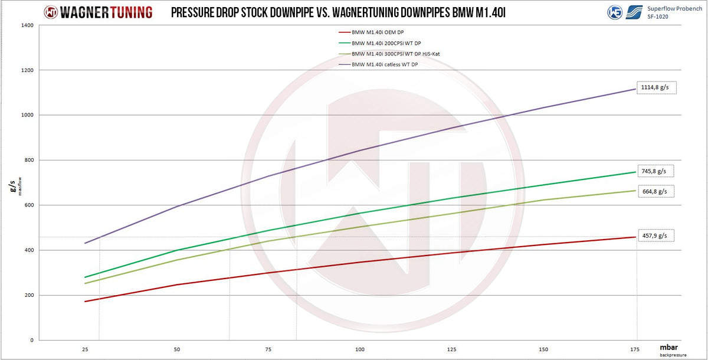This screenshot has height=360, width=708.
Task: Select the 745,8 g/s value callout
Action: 654,171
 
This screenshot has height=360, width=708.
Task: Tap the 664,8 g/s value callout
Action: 654,191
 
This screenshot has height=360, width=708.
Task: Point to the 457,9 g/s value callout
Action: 654,236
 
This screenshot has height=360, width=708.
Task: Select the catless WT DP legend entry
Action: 384,64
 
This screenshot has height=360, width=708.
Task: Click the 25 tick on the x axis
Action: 85,349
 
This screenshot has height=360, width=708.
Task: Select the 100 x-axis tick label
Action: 360,349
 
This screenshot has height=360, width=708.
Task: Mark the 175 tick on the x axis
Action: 635,349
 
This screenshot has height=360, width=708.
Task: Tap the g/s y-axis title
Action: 12,188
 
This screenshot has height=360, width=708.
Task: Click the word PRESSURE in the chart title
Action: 199,12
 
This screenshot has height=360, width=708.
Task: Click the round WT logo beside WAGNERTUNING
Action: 51,11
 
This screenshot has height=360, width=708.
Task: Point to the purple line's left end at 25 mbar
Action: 86,243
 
